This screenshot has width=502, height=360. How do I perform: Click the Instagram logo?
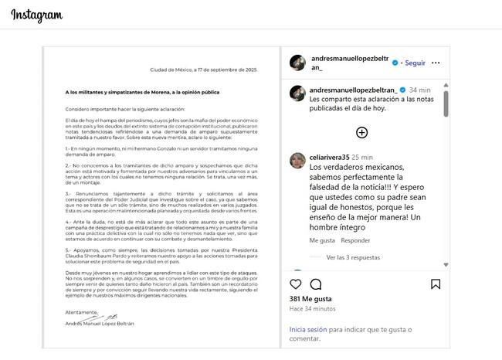point(36,16)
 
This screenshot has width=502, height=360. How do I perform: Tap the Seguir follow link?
point(415,63)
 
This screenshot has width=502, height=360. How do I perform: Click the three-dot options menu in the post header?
point(436,63)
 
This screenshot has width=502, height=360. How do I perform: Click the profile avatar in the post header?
point(297,63)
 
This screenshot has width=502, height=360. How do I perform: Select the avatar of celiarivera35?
point(297,160)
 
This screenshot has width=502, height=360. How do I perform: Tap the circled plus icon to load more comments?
point(361,132)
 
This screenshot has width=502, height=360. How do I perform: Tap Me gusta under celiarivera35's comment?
point(322,240)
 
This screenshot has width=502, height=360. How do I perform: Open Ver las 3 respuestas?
point(353,257)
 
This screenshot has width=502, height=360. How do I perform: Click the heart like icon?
point(297,284)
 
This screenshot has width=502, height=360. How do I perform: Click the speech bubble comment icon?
point(315,284)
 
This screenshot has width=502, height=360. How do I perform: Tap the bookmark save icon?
point(436,284)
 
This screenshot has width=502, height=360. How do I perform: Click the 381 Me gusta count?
point(310,299)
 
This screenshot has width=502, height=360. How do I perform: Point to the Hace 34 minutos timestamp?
point(313,309)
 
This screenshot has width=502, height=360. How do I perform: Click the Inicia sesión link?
point(308,329)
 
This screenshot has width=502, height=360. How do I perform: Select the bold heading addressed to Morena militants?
point(142,93)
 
